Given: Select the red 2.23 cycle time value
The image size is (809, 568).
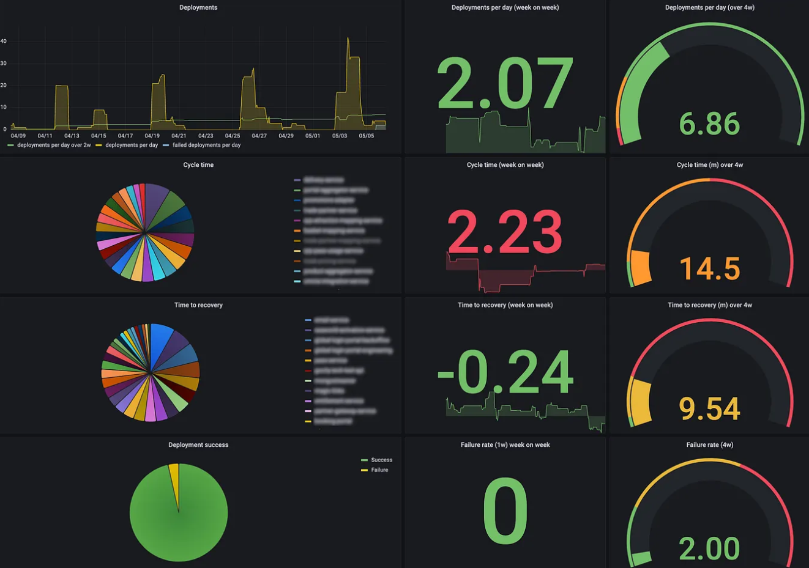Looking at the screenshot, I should [x=505, y=232].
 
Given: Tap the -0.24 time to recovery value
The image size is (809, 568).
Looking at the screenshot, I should [x=505, y=372].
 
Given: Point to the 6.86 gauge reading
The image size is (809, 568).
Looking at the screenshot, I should [x=709, y=124].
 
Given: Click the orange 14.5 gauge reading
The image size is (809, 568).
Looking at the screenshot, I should [x=710, y=269].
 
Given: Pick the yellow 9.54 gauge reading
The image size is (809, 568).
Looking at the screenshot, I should [x=710, y=409].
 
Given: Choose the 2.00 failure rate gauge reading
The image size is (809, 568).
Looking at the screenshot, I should [x=709, y=548].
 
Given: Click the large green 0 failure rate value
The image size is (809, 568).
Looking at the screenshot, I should [x=505, y=511].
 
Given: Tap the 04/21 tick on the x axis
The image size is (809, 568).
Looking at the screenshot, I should [x=179, y=136].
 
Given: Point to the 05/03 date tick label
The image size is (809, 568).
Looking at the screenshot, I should [x=340, y=136].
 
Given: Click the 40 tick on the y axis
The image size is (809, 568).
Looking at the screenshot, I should [x=4, y=42].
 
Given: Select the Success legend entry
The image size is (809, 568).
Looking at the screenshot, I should [x=381, y=460].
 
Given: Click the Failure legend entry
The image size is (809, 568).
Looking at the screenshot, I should [x=379, y=470].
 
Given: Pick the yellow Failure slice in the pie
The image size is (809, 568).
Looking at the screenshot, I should [x=174, y=477].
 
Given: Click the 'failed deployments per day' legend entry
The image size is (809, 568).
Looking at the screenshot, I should [x=206, y=146].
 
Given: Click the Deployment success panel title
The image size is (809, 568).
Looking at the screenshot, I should [x=198, y=445].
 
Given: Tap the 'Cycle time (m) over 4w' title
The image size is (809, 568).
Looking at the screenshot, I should [x=710, y=165].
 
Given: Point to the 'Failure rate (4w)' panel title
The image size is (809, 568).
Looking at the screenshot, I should [x=710, y=445].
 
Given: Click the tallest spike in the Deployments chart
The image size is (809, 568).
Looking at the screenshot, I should [x=348, y=40].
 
